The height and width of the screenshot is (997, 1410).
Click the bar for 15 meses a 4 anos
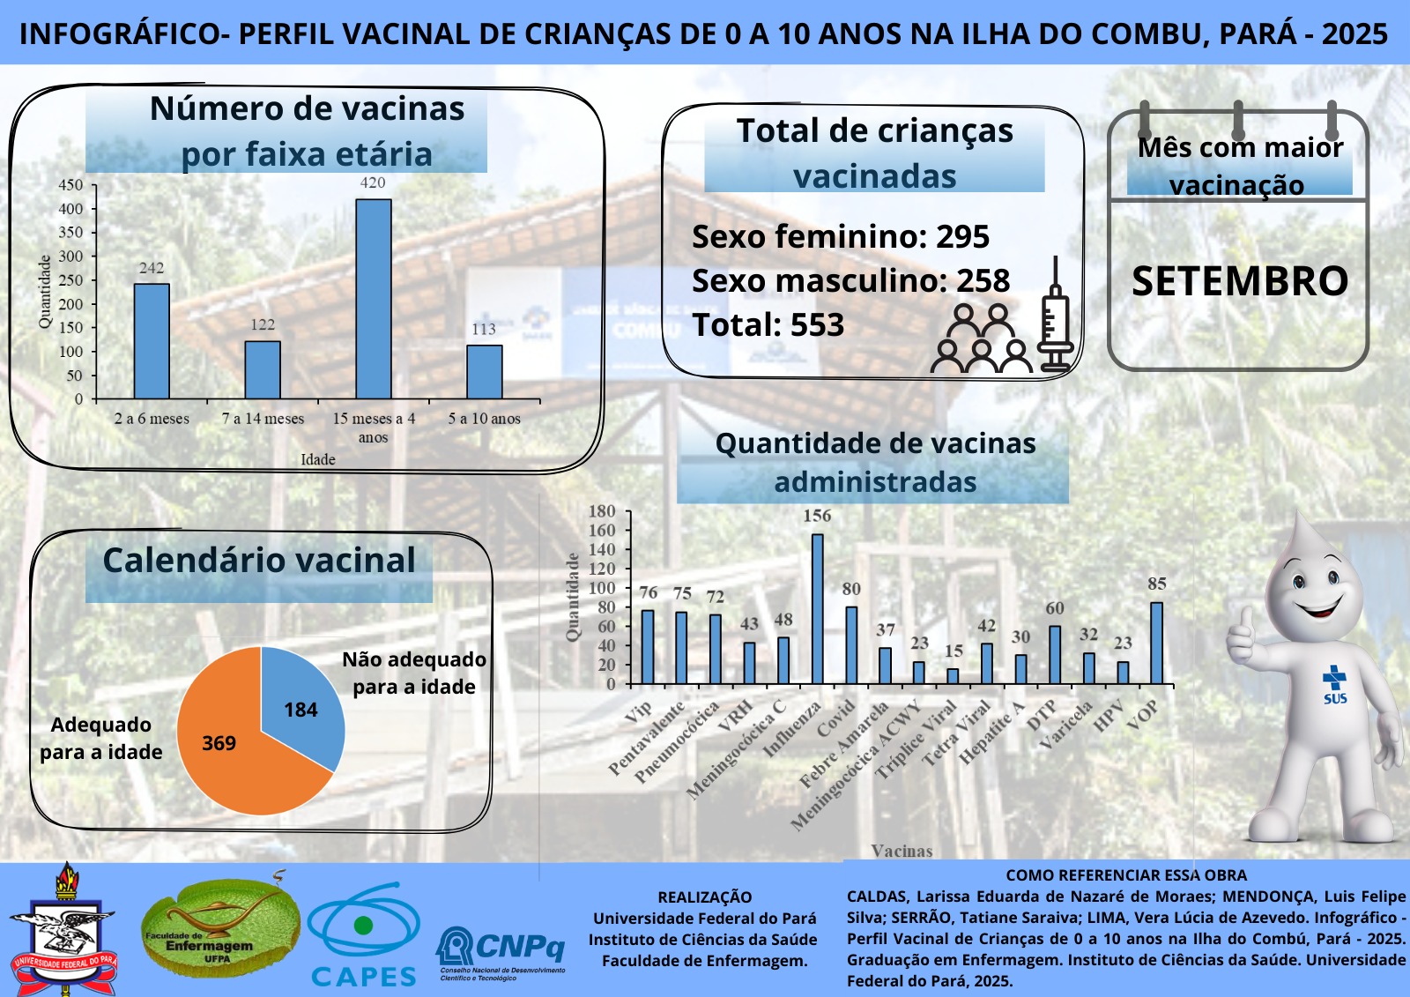click(374, 299)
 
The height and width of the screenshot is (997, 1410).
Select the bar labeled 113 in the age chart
click(485, 371)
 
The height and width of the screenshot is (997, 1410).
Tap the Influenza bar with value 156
click(818, 608)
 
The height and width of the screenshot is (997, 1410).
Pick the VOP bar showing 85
click(1156, 643)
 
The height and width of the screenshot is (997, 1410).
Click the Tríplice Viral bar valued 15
click(953, 676)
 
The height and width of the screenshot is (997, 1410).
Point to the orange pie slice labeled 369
click(231, 749)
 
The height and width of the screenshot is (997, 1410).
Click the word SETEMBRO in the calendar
click(1240, 281)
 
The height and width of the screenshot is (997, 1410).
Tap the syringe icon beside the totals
click(1055, 317)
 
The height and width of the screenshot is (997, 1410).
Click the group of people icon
click(981, 339)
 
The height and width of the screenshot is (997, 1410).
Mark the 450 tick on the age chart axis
click(70, 185)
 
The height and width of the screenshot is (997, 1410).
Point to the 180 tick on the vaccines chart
click(602, 511)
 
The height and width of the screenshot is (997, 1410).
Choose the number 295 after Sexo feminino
click(962, 237)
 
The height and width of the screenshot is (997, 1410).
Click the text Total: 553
click(768, 325)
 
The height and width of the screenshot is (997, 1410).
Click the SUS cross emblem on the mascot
click(1334, 683)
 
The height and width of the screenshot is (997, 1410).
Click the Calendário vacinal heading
click(259, 561)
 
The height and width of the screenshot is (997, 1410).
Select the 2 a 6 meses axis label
click(152, 419)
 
